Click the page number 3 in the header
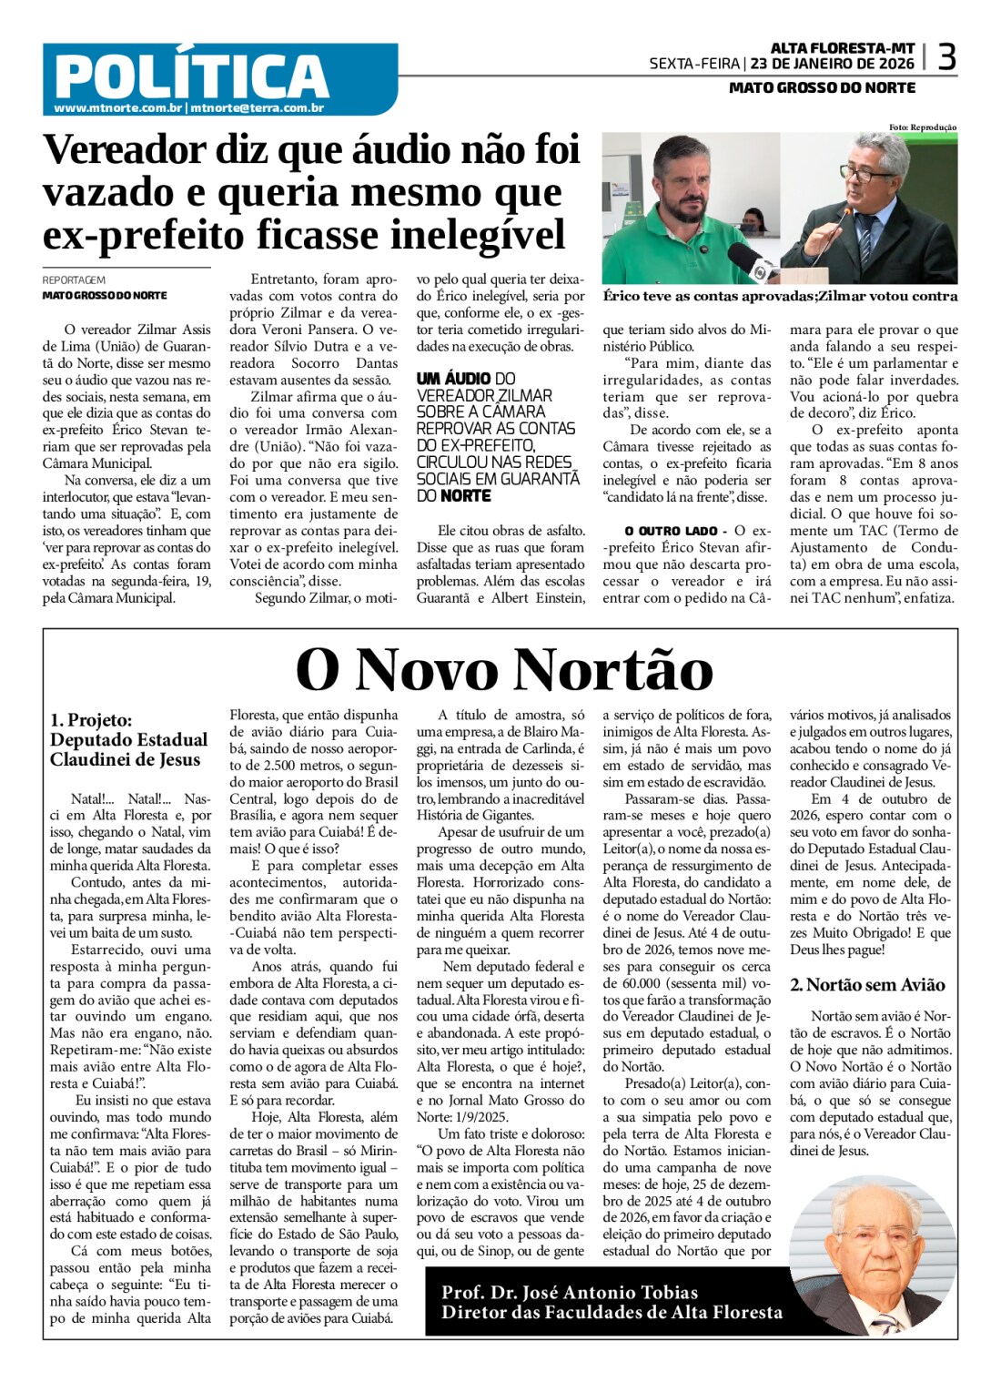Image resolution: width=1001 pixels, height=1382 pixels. [x=946, y=57]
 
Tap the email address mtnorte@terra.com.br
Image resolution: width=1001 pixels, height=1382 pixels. [x=256, y=108]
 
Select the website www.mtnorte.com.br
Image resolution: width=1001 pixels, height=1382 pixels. [x=117, y=108]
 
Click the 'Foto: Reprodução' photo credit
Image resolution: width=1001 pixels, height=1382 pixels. [x=923, y=127]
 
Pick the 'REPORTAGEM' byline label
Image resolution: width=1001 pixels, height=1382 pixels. [x=74, y=280]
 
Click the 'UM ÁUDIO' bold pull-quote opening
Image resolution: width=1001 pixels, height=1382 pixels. [x=453, y=379]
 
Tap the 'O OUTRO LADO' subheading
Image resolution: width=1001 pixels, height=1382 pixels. [x=672, y=531]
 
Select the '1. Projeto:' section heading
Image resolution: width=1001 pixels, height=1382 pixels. [x=91, y=721]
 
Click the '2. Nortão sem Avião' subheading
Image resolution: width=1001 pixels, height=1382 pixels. [x=867, y=985]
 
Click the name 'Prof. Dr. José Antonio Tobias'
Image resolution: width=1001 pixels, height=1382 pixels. [x=570, y=1293]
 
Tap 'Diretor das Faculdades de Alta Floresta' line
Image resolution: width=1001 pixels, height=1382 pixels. [x=612, y=1313]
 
